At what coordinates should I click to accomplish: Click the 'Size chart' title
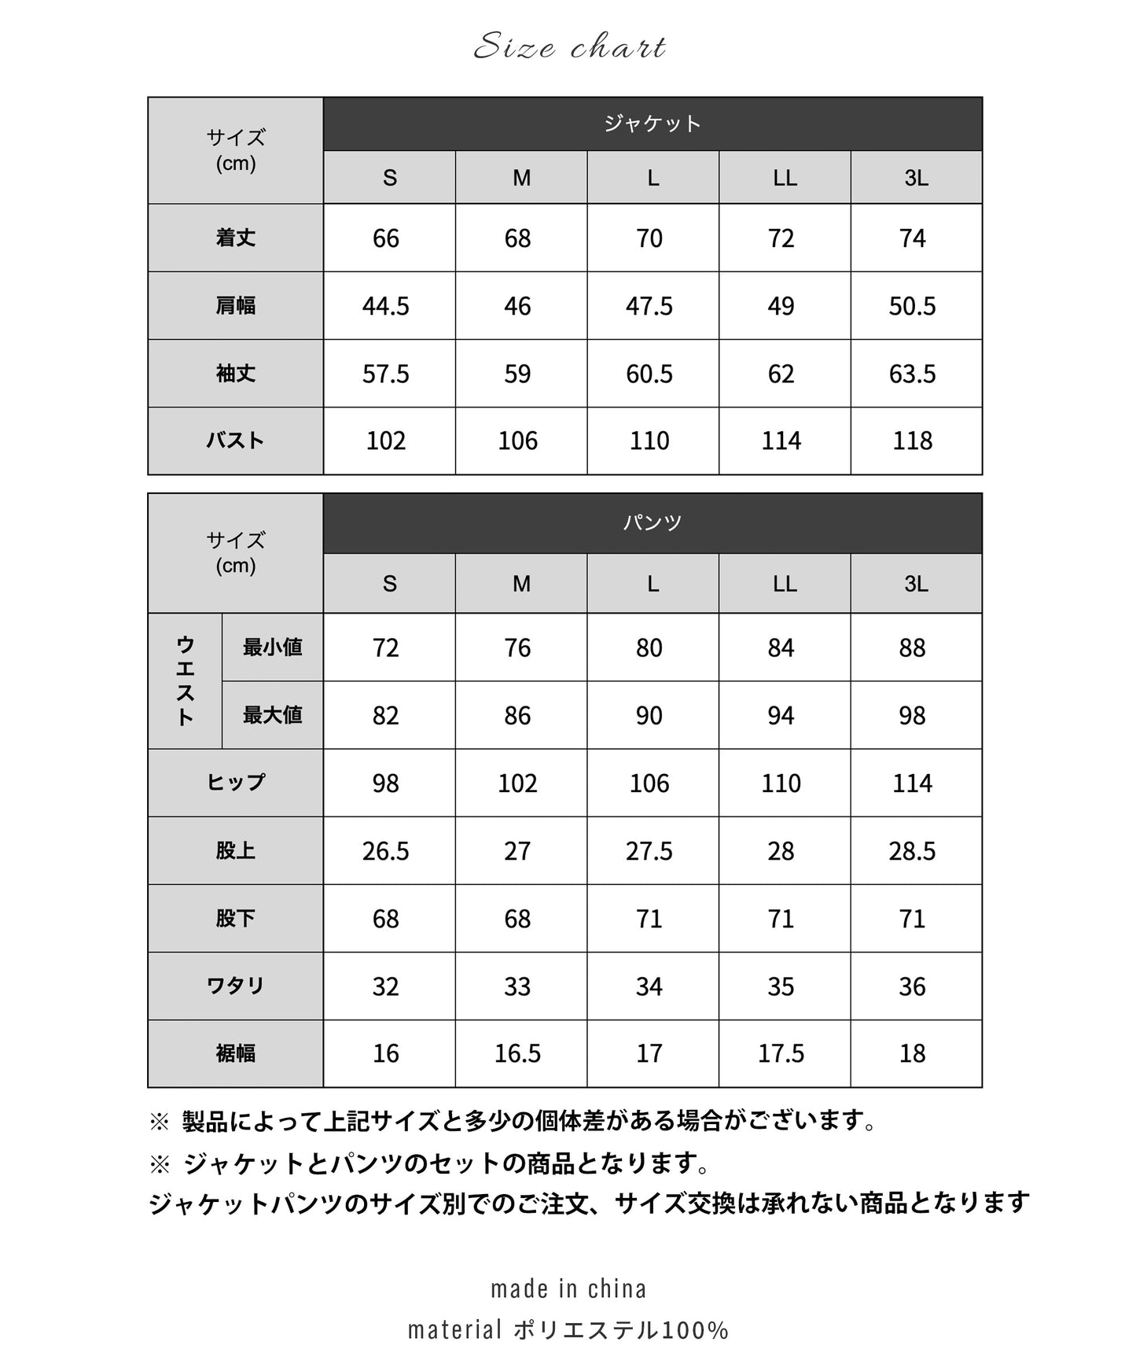click(570, 48)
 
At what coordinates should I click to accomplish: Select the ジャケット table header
click(653, 123)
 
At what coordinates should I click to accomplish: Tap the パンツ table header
click(653, 523)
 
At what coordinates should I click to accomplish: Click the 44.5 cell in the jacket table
click(386, 306)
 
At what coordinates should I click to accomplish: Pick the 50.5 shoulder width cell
click(912, 306)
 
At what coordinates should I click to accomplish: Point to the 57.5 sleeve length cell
click(386, 374)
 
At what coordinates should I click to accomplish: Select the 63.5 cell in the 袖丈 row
click(912, 374)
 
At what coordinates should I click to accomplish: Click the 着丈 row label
click(236, 238)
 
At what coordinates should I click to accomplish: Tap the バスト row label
click(236, 441)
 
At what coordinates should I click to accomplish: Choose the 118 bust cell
click(912, 441)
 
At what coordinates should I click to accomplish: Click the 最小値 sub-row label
click(273, 647)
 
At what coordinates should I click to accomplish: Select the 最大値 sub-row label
click(273, 715)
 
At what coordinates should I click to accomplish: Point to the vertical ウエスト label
click(185, 681)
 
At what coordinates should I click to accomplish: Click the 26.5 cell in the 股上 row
click(386, 851)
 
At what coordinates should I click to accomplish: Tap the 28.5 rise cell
click(912, 851)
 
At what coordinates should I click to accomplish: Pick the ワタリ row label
click(236, 986)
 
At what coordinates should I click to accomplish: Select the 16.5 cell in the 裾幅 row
click(517, 1054)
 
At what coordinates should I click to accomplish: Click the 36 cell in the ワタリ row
click(912, 986)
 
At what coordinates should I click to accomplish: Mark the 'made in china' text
click(568, 1289)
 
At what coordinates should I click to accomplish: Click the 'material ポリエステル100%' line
click(568, 1330)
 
